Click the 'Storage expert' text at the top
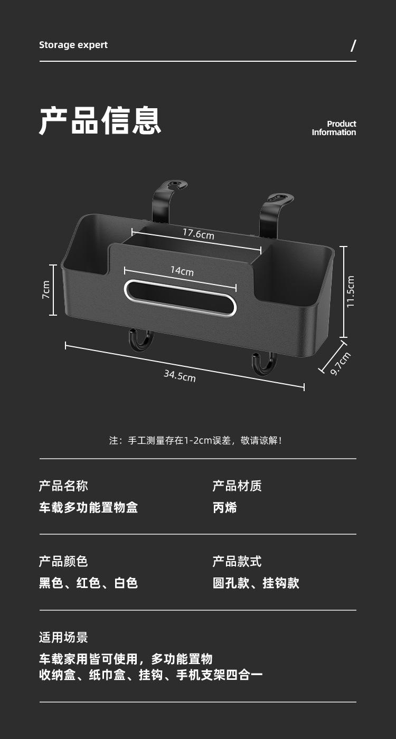[x=73, y=45]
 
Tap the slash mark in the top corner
[x=353, y=46]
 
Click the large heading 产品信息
[x=100, y=121]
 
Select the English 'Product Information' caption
[x=334, y=128]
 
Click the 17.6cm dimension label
[x=199, y=233]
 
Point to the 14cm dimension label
[x=182, y=271]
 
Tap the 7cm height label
[x=46, y=290]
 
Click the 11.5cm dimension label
[x=351, y=291]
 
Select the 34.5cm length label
[x=180, y=375]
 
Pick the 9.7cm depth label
[x=340, y=364]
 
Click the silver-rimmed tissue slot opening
[x=180, y=298]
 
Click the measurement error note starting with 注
[x=195, y=440]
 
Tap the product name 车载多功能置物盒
[x=88, y=508]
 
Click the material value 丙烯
[x=224, y=508]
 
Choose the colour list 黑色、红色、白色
[x=88, y=583]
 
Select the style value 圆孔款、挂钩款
[x=256, y=583]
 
